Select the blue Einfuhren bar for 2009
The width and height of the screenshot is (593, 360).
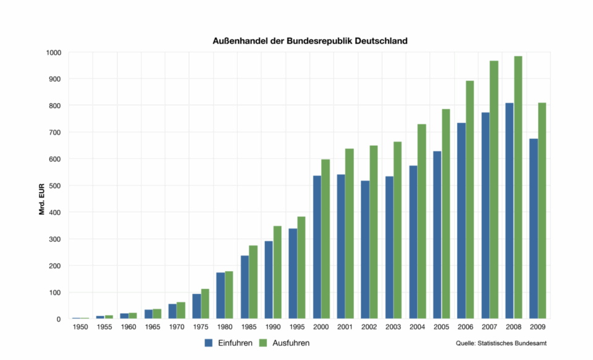[534, 228]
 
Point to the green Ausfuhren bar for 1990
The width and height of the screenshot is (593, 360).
[277, 272]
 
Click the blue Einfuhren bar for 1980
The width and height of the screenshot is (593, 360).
[221, 295]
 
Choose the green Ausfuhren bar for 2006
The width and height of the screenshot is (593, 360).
[470, 200]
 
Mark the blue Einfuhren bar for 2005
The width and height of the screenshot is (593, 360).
[437, 235]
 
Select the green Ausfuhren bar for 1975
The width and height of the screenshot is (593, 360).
[205, 304]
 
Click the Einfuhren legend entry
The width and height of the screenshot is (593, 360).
[229, 343]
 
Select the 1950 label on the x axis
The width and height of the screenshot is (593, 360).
[80, 327]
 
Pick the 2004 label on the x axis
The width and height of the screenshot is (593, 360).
[418, 327]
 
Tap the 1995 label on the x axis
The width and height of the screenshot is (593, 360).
[297, 327]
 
